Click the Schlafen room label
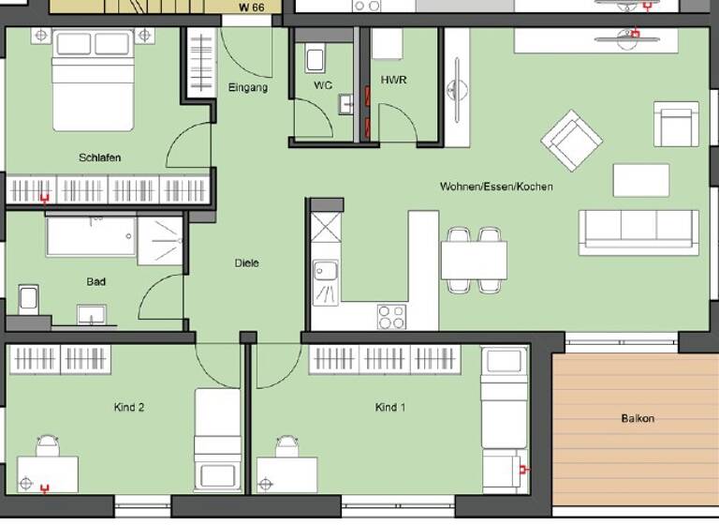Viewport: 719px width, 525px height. (99, 157)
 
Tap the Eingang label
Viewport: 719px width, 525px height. (248, 88)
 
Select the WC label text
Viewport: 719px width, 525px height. (323, 85)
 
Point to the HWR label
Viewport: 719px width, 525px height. (393, 80)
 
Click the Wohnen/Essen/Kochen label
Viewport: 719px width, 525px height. (496, 187)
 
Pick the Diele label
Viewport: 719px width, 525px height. (246, 263)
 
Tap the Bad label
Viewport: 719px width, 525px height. (95, 281)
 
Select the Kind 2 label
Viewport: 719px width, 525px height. (128, 408)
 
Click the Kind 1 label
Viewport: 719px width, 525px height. (390, 408)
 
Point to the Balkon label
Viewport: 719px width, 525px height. (637, 418)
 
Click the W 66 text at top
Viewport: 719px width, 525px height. (252, 7)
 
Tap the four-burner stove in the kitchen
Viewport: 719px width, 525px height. (390, 316)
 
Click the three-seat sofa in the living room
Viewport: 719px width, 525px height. (638, 232)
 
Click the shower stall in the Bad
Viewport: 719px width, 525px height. (160, 239)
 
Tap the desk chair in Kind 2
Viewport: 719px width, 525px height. (48, 443)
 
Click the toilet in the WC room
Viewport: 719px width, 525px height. (315, 58)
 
